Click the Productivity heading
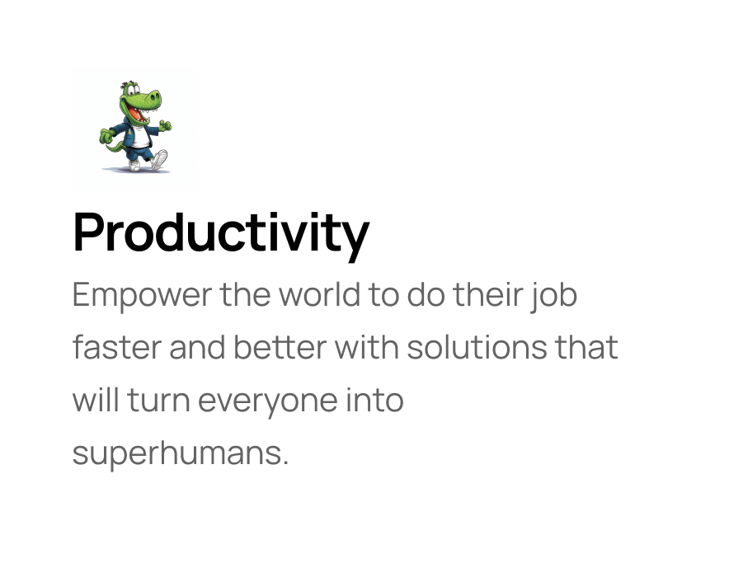point(221,234)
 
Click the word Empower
point(143,296)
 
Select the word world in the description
point(319,294)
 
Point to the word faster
point(117,347)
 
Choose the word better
point(280,347)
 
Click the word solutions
point(477,347)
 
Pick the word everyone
point(268,401)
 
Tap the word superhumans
point(181,454)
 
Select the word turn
point(158,401)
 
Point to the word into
point(374,400)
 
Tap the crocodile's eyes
point(133,89)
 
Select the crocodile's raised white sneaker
point(159,159)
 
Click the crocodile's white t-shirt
point(139,136)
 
